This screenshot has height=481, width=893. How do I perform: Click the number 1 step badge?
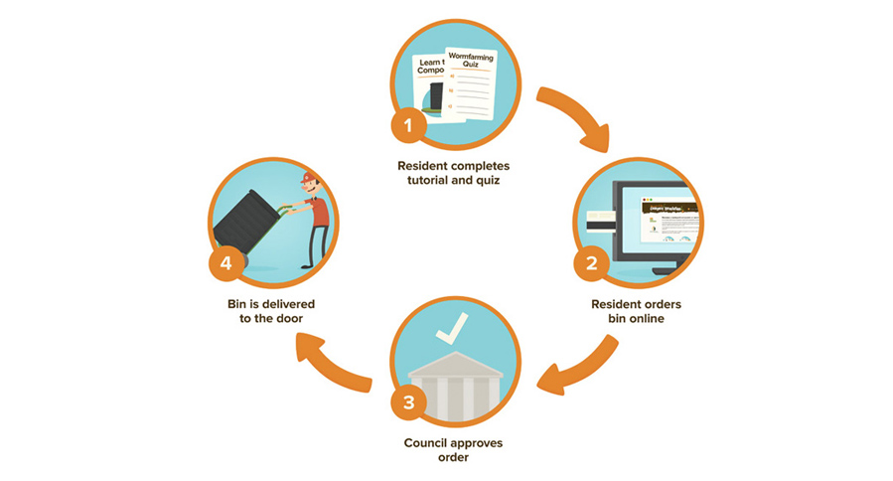click(x=406, y=126)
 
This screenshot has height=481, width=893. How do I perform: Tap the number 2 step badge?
click(x=592, y=263)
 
